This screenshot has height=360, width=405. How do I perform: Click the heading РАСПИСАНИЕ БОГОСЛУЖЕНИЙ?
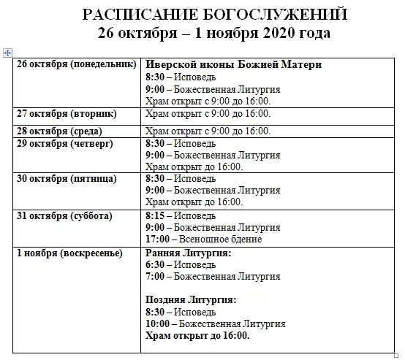[214, 15]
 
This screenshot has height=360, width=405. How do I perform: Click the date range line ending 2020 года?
[214, 34]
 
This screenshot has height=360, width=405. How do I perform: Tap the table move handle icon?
[8, 53]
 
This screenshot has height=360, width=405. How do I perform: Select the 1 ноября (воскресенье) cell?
[69, 253]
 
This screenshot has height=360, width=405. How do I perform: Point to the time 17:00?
[157, 239]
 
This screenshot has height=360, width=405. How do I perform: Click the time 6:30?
[154, 264]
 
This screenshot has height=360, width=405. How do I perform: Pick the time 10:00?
[157, 323]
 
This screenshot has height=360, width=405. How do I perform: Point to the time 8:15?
[154, 216]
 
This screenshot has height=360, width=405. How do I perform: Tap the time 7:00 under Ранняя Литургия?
[154, 277]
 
